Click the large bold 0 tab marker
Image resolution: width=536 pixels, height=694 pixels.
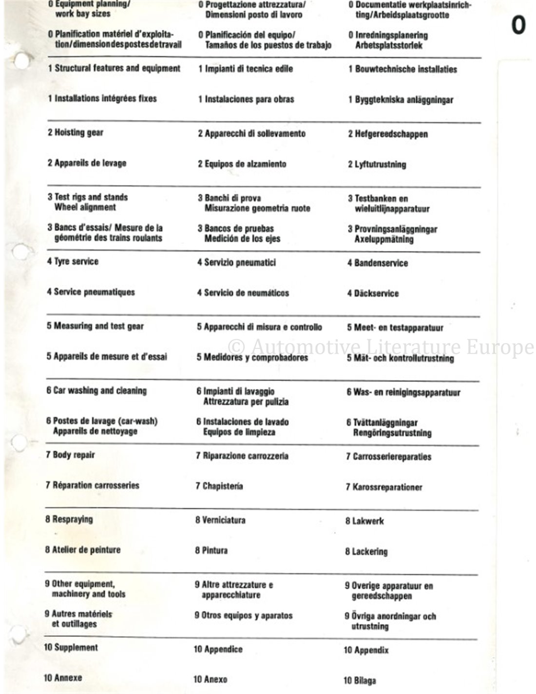click(x=518, y=25)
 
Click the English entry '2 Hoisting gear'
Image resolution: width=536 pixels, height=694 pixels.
click(x=76, y=132)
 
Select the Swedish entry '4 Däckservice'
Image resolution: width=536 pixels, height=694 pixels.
click(x=373, y=293)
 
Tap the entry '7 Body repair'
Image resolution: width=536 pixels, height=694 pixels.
click(x=70, y=455)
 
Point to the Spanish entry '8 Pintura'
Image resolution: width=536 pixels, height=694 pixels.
click(x=211, y=551)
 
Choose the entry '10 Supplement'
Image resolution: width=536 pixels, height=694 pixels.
click(x=71, y=648)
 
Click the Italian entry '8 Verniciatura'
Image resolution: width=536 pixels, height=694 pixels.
click(x=220, y=520)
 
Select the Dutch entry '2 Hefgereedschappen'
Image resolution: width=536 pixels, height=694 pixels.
click(x=387, y=134)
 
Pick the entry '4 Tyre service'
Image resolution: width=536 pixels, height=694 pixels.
click(x=73, y=262)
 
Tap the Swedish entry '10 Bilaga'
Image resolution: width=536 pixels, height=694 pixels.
click(x=360, y=680)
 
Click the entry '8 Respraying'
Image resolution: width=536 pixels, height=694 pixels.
click(x=69, y=519)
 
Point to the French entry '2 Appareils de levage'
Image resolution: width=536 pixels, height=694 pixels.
click(x=87, y=163)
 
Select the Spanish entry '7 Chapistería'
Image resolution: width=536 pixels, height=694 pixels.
click(x=219, y=486)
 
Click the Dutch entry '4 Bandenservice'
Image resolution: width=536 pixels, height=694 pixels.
click(x=377, y=263)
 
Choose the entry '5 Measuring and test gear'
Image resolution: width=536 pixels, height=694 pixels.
click(x=95, y=326)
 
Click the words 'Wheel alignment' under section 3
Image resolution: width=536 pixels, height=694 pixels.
click(x=85, y=207)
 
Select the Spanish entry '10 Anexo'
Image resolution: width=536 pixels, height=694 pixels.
click(x=211, y=679)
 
